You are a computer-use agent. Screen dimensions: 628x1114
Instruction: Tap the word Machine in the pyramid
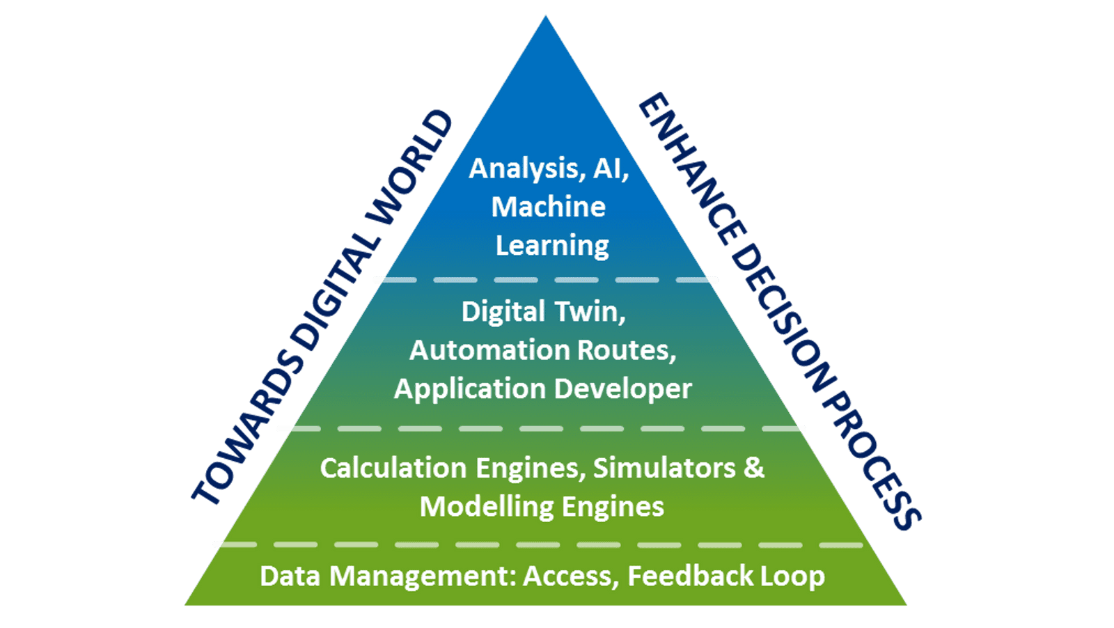tap(549, 207)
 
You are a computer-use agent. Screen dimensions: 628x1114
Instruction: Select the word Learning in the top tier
tap(552, 246)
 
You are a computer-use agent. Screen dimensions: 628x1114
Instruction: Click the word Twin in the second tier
tap(590, 312)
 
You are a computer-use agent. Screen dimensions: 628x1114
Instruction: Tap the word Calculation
tap(393, 468)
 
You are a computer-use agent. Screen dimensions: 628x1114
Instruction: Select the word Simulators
tap(664, 468)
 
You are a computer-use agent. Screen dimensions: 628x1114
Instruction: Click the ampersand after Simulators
tap(754, 468)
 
